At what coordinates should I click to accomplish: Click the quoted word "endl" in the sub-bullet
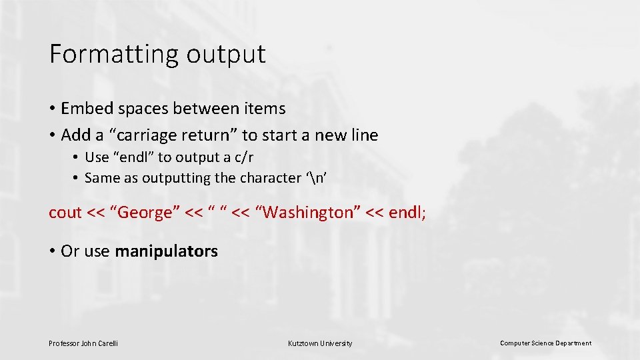139,157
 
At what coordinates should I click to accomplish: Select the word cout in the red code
65,213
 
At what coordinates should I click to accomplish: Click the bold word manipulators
166,251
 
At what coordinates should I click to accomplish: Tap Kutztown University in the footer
320,343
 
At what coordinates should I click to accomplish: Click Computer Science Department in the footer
545,343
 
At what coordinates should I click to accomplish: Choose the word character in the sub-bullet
265,178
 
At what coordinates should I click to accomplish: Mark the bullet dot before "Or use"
52,252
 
